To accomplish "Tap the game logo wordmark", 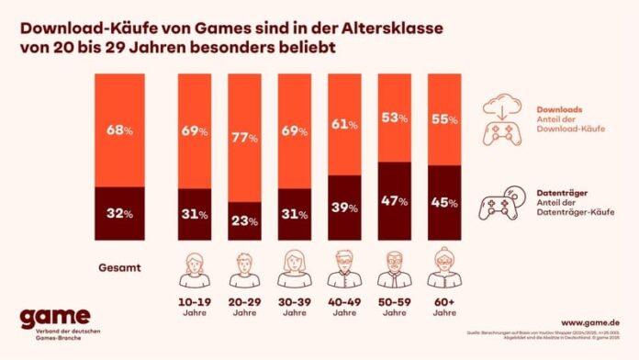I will pyautogui.click(x=55, y=316).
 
